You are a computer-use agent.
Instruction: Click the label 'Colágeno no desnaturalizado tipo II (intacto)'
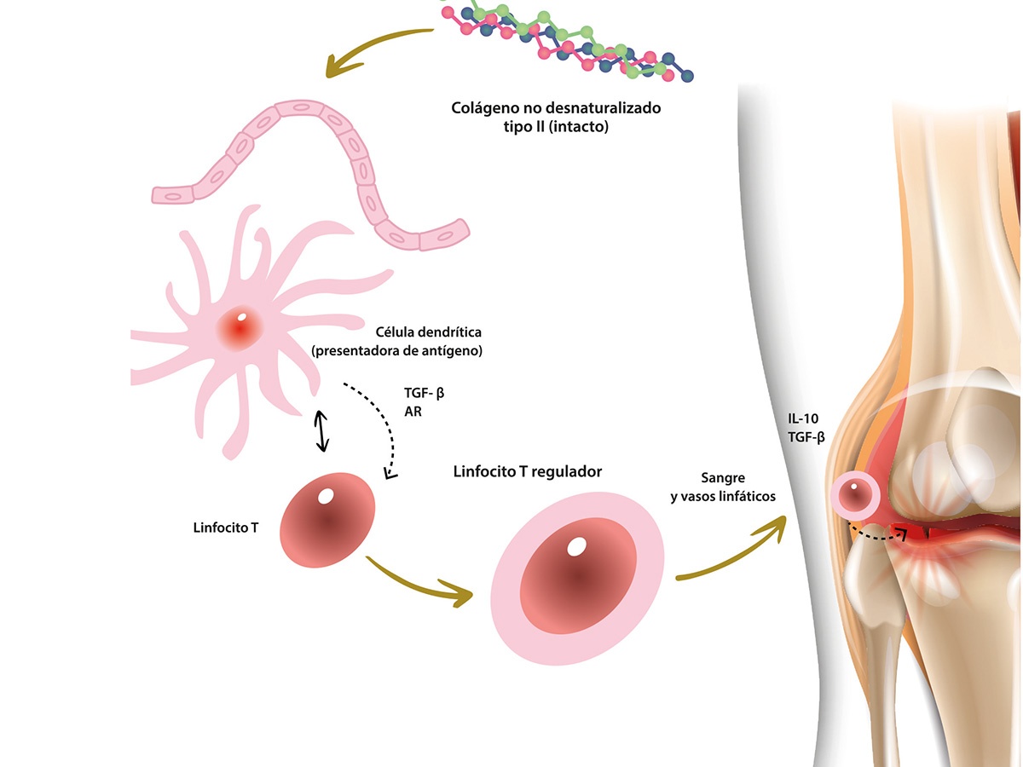pyautogui.click(x=557, y=118)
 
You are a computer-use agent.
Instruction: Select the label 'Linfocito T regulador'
pyautogui.click(x=529, y=472)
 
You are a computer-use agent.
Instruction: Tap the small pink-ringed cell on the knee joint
pyautogui.click(x=855, y=495)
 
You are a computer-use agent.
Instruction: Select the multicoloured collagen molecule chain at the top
pyautogui.click(x=567, y=38)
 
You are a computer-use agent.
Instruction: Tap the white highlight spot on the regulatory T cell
pyautogui.click(x=577, y=546)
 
